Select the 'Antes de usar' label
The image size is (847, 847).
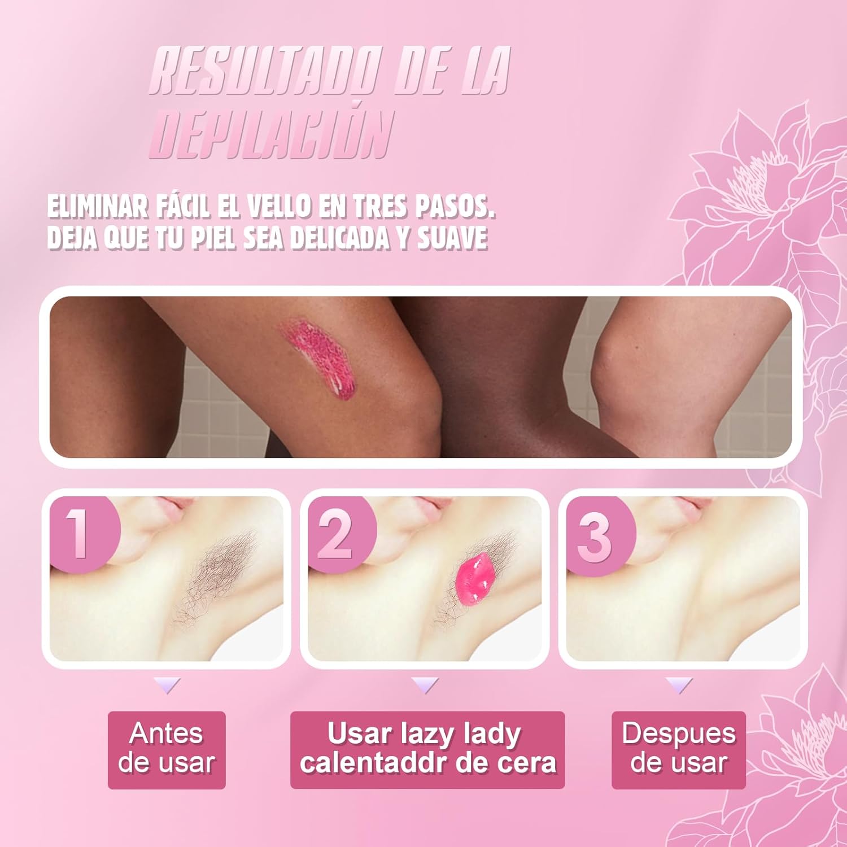pos(167,749)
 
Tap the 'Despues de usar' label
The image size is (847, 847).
pos(679,749)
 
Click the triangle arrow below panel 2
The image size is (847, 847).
pos(425,686)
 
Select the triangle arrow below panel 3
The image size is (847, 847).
pos(679,686)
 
